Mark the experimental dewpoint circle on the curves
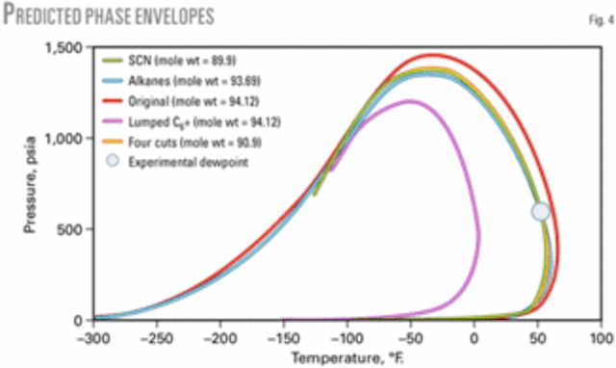click(540, 211)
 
